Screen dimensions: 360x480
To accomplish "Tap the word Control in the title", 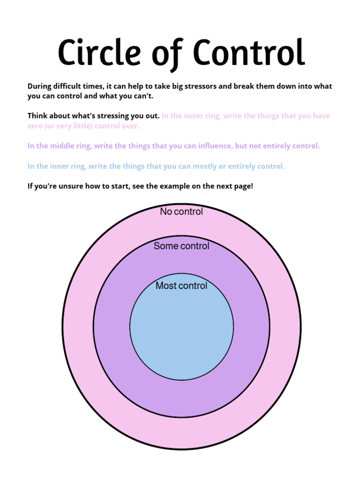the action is pos(249,52).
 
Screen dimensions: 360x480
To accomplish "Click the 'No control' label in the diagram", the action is pos(181,212).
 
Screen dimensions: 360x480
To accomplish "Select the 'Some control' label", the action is pos(181,246).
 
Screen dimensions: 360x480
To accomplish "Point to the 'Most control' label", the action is pos(181,286).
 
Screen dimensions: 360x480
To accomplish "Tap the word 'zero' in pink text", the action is pos(36,126).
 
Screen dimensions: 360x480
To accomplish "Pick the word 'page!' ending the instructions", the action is pos(243,186).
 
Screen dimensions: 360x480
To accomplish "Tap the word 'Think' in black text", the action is pos(37,116).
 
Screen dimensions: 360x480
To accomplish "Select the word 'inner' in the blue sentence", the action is pos(60,166).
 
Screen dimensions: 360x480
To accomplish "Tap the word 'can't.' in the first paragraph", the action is pos(142,96).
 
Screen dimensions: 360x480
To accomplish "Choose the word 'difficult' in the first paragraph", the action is pos(69,86).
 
